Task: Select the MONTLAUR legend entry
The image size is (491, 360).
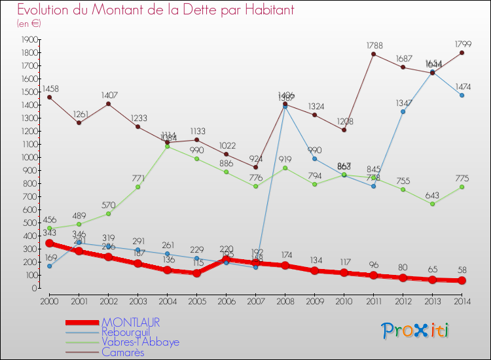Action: [130, 323]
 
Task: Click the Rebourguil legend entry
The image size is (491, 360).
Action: [131, 333]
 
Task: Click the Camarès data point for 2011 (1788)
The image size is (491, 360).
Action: [373, 54]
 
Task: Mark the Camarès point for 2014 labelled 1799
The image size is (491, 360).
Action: [462, 52]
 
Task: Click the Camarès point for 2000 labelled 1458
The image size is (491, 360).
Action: [49, 97]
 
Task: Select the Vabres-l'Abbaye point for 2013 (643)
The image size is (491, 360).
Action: [432, 204]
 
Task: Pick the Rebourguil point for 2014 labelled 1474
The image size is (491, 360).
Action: [462, 95]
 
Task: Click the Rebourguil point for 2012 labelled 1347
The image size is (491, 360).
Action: [403, 111]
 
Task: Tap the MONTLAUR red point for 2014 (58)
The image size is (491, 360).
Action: [462, 280]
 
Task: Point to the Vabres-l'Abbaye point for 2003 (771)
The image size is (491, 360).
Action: [137, 187]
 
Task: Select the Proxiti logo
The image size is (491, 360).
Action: [416, 331]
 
